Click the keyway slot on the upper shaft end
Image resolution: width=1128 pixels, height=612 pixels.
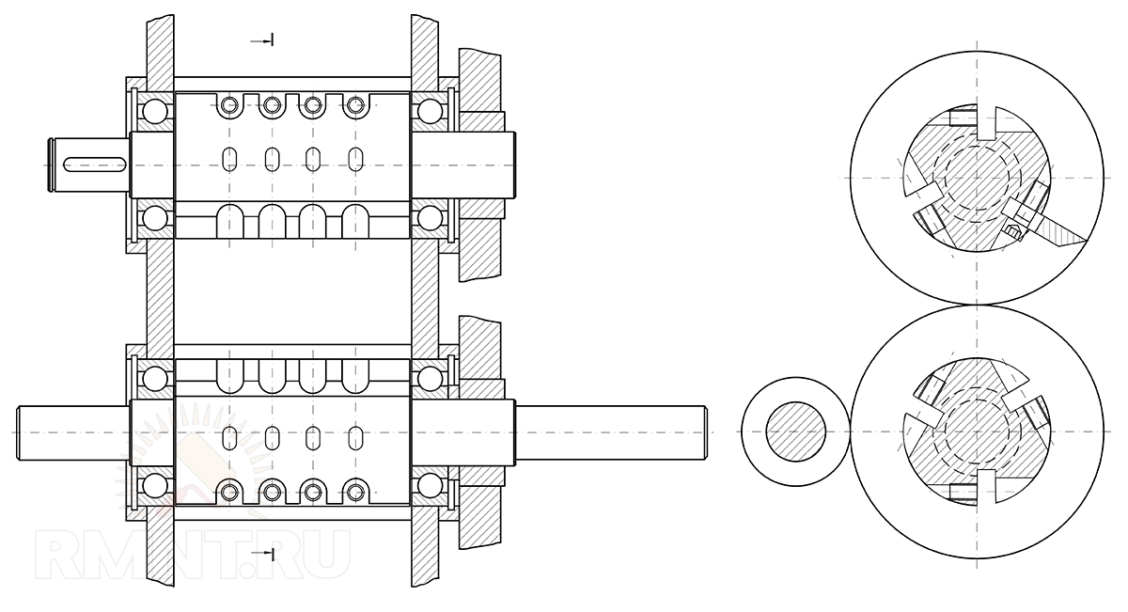tap(94, 165)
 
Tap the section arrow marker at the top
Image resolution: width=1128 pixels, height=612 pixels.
tap(262, 40)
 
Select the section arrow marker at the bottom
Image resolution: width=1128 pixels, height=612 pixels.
tap(262, 554)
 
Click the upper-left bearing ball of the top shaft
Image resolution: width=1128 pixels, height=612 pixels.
tap(154, 111)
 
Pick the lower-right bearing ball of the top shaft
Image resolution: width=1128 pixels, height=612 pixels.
tap(430, 219)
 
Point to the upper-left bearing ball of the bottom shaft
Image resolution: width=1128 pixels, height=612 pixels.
tap(154, 379)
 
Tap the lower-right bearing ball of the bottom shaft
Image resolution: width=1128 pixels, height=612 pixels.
tap(430, 486)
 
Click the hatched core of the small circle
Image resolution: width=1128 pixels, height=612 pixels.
tap(795, 432)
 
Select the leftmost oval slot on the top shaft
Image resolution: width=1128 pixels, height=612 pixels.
tap(229, 159)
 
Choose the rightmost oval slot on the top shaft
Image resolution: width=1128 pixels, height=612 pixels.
tap(356, 159)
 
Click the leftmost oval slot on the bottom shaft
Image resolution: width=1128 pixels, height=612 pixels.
tap(229, 438)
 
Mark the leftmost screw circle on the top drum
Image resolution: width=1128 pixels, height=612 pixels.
tap(229, 105)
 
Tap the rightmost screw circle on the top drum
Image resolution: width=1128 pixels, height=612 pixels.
tap(356, 105)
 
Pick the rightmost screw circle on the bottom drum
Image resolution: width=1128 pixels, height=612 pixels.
tap(356, 492)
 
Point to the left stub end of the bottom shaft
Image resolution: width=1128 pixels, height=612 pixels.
tap(73, 432)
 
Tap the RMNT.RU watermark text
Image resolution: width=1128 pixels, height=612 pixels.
tap(193, 554)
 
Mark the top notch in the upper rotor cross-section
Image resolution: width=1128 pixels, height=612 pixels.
tap(987, 122)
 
